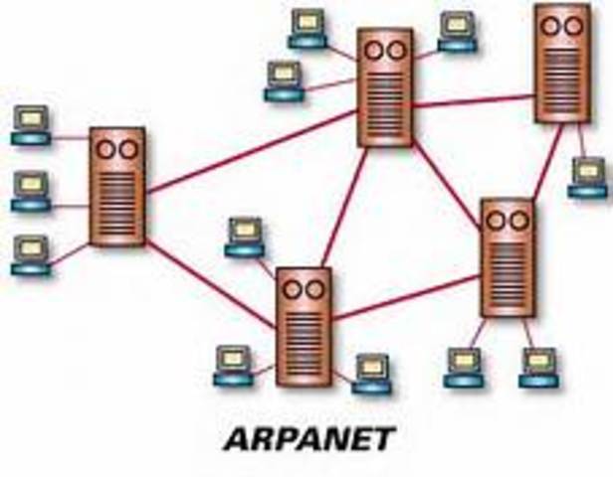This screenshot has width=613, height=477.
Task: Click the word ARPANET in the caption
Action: (x=307, y=438)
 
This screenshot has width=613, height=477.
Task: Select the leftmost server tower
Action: (x=117, y=186)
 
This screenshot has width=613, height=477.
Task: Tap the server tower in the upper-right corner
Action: (x=561, y=65)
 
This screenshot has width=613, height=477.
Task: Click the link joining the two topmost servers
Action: (x=473, y=101)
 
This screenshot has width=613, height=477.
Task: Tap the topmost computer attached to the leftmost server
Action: (x=31, y=125)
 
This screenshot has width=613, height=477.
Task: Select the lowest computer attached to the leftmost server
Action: (x=31, y=254)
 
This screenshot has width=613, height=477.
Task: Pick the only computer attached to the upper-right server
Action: (x=588, y=177)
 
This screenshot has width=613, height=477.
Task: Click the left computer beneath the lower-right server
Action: (x=463, y=367)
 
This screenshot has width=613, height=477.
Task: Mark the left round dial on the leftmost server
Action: (x=105, y=149)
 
